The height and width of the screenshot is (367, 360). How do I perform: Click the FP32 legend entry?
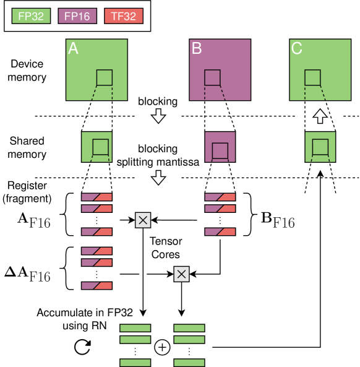pos(31,17)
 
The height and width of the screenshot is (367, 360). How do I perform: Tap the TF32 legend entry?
pos(123,17)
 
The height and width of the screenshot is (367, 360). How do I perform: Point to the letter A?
pos(73,49)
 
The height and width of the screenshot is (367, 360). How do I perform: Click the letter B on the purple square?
pos(197,49)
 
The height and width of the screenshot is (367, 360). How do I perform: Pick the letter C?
pos(297,49)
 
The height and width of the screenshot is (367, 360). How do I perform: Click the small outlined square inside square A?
pos(105,77)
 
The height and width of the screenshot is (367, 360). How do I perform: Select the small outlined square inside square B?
pos(212,77)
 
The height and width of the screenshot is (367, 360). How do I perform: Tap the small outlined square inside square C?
pos(312,77)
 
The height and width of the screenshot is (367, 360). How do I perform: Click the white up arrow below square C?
pos(320,116)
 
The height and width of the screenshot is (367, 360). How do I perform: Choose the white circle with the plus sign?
pos(162,347)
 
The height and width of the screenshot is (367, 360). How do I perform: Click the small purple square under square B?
pos(220,147)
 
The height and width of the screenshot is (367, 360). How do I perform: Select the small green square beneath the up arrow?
pos(320,147)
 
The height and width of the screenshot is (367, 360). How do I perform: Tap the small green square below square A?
pos(97,147)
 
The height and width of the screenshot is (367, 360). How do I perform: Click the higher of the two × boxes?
pos(143,220)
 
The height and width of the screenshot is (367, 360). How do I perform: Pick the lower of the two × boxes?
pos(181,274)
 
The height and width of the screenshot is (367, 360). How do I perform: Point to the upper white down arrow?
pos(158,116)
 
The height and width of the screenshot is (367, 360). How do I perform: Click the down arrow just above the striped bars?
pos(158,178)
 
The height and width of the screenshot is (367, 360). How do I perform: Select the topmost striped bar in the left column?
pos(97,197)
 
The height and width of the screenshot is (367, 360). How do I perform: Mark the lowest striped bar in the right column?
pos(220,232)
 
